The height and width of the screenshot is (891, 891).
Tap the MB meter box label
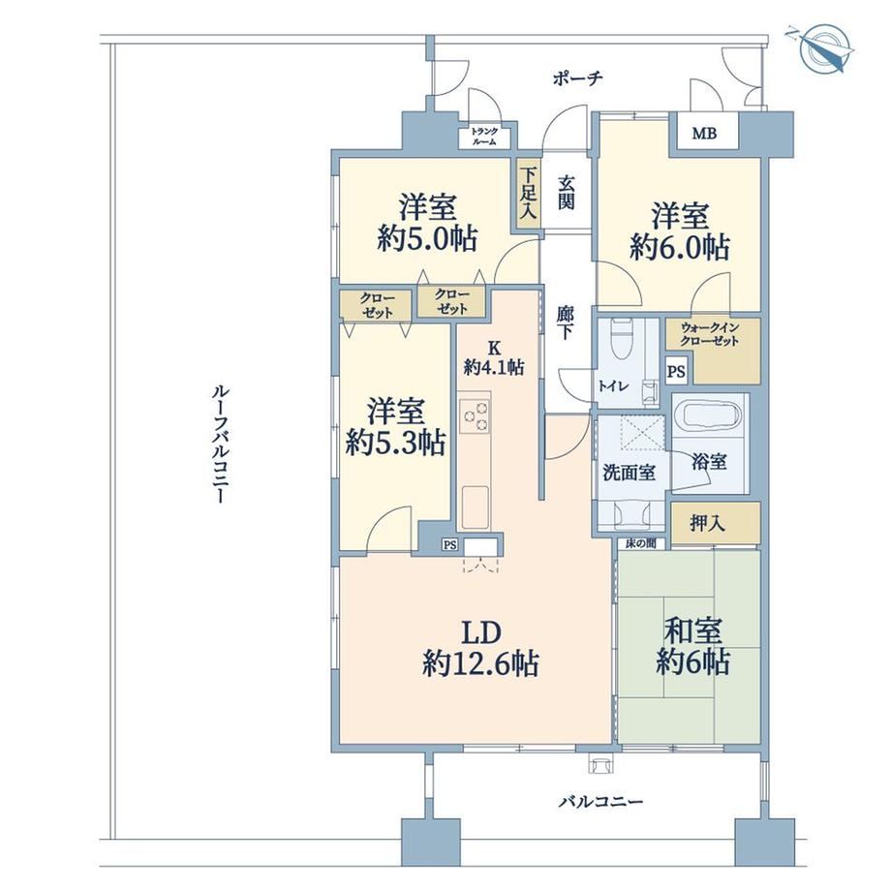pyautogui.click(x=704, y=133)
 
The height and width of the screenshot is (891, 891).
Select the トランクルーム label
pyautogui.click(x=484, y=137)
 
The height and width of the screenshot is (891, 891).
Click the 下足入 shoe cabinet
pyautogui.click(x=529, y=193)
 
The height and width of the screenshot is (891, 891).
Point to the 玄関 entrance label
pyautogui.click(x=566, y=193)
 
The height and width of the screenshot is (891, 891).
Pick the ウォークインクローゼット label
pyautogui.click(x=709, y=335)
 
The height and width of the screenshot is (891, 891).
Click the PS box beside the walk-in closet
pyautogui.click(x=676, y=372)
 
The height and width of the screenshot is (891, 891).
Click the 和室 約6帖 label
pyautogui.click(x=693, y=646)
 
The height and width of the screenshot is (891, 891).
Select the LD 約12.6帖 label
pyautogui.click(x=480, y=647)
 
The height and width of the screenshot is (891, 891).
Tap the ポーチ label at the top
pyautogui.click(x=577, y=77)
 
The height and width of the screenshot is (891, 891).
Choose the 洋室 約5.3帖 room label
pyautogui.click(x=395, y=427)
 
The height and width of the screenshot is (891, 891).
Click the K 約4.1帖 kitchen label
pyautogui.click(x=494, y=357)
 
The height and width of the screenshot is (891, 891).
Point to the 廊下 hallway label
pyautogui.click(x=565, y=323)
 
